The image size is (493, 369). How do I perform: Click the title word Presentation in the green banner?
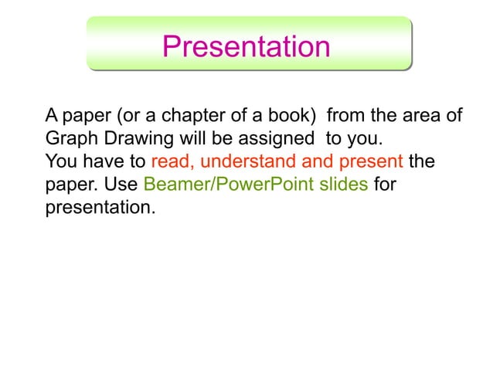coord(246,46)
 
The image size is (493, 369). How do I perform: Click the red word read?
coord(169,163)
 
